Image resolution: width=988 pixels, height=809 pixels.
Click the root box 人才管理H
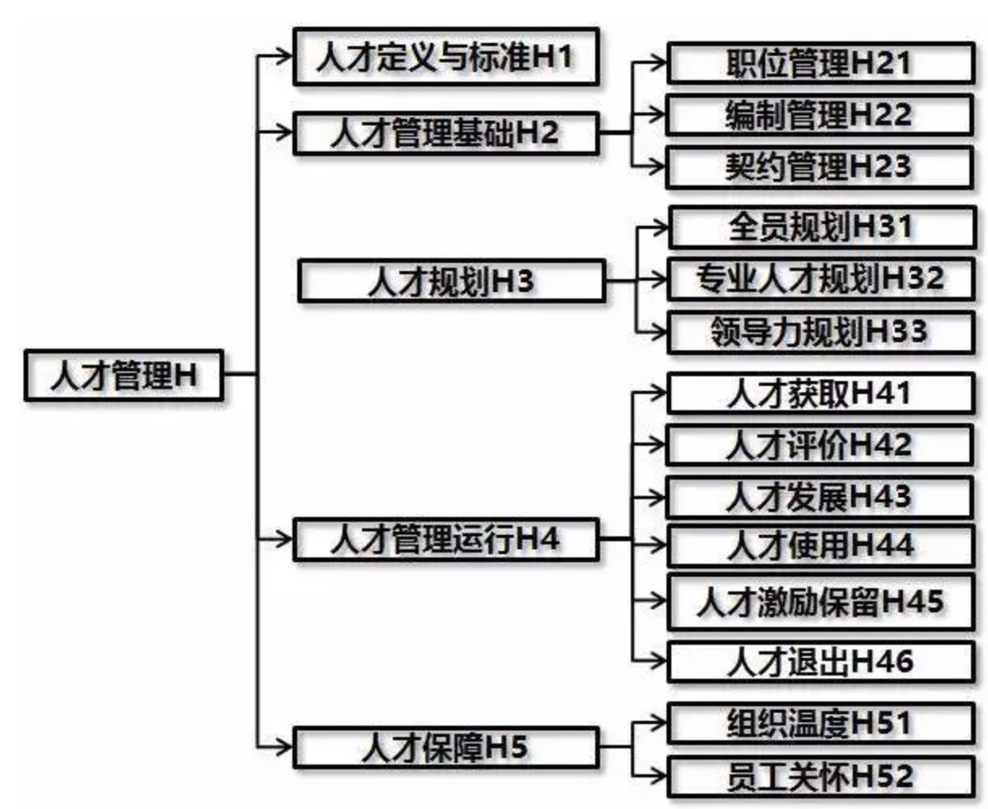[x=124, y=375]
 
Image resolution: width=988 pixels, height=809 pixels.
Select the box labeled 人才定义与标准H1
[x=446, y=57]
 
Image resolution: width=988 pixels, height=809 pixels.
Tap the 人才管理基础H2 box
[x=446, y=133]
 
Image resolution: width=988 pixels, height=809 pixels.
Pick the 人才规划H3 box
[x=452, y=281]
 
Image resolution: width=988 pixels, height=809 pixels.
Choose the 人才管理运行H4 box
[x=446, y=539]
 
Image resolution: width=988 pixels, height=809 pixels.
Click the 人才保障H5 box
[x=446, y=748]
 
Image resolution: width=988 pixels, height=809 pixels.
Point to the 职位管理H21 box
[x=820, y=63]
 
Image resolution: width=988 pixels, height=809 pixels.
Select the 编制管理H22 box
[x=820, y=115]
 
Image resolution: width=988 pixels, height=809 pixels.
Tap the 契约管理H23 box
[x=820, y=167]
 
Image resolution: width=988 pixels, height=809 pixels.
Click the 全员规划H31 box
[x=822, y=227]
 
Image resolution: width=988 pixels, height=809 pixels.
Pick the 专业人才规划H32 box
[x=820, y=279]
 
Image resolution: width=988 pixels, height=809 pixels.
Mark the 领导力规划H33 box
[x=820, y=332]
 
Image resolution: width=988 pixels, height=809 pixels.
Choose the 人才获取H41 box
[x=820, y=393]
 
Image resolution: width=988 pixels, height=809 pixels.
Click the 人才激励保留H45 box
[x=820, y=602]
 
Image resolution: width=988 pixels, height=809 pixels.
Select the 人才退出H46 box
[x=820, y=662]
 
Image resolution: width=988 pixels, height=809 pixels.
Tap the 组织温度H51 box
[x=820, y=723]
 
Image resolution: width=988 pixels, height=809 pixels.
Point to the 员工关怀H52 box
[x=820, y=777]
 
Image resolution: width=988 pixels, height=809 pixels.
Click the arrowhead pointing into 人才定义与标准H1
[x=283, y=56]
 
